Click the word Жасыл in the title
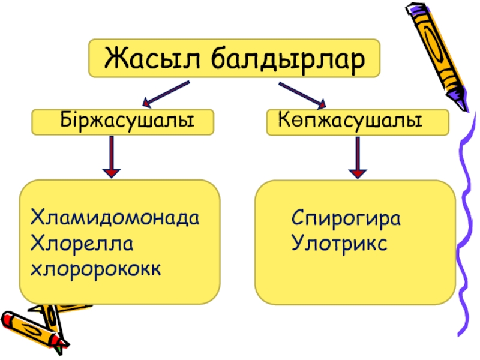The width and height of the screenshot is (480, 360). [x=146, y=59]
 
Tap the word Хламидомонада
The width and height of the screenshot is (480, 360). [x=115, y=216]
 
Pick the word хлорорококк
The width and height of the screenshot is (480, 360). [x=96, y=270]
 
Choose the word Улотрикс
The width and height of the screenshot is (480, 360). [x=339, y=244]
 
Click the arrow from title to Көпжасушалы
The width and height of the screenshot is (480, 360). [x=302, y=94]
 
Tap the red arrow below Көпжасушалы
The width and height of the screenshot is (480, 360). [x=358, y=157]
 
